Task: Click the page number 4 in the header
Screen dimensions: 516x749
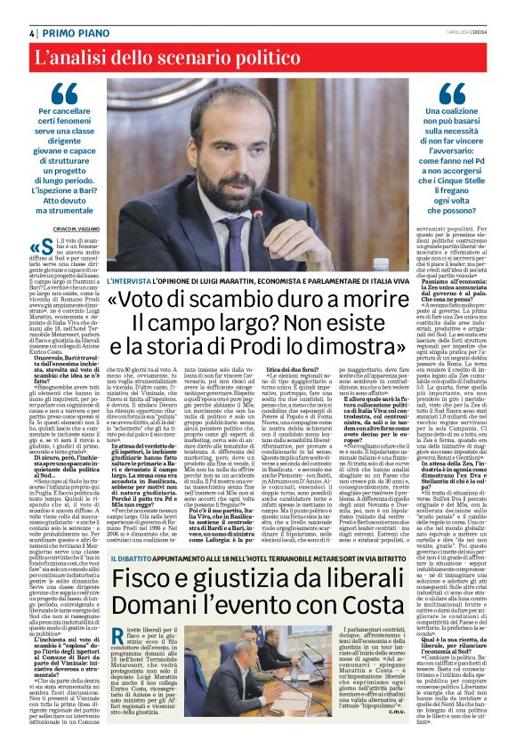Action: tap(20, 32)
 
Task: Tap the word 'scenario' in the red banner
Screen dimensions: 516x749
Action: tap(210, 60)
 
